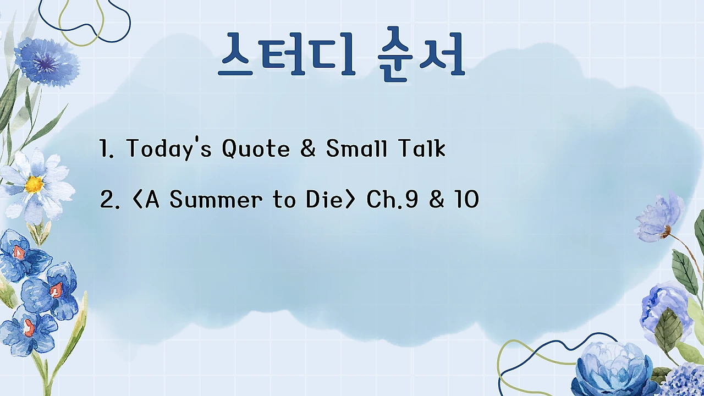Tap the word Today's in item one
coord(169,148)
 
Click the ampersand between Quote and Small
coord(308,148)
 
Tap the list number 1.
coord(105,149)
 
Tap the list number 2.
coord(107,200)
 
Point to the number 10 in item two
coord(466,200)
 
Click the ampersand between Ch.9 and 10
coord(437,200)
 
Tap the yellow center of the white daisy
coord(34,184)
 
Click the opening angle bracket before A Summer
coord(137,200)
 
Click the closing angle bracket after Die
coord(349,200)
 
